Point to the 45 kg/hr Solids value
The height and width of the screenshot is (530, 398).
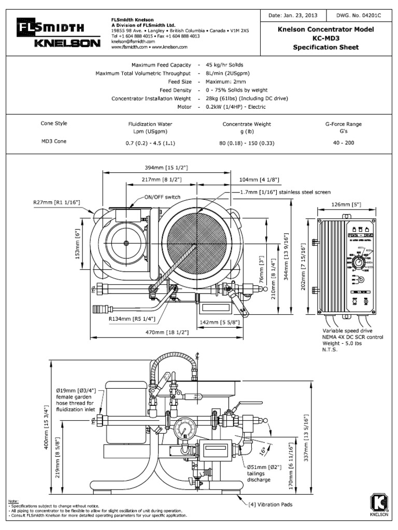pos(224,65)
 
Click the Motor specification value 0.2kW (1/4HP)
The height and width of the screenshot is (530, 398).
pos(235,107)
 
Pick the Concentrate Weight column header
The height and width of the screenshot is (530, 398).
pos(247,124)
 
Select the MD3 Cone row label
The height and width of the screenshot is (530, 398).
pos(54,142)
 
